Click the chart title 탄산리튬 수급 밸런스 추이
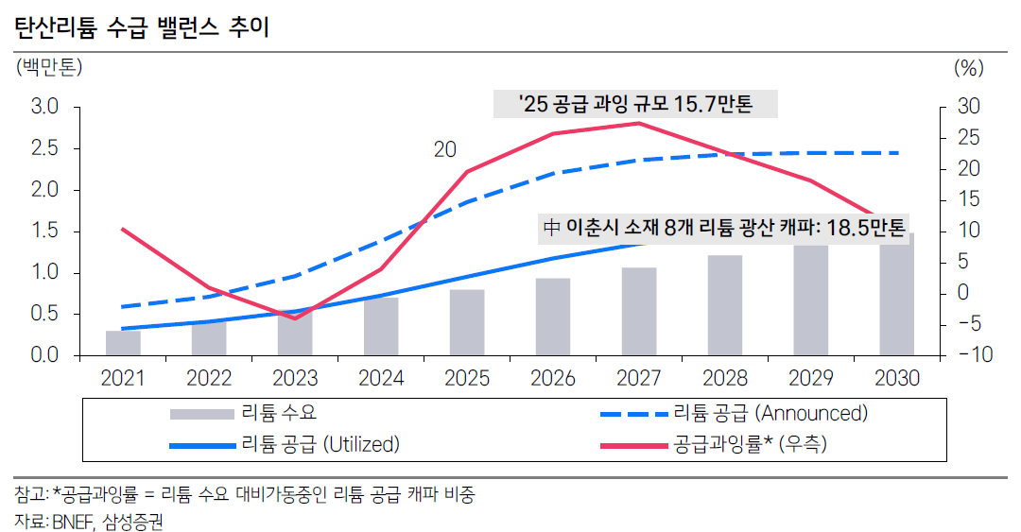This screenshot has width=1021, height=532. point(142,28)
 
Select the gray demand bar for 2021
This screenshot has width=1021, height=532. point(123,343)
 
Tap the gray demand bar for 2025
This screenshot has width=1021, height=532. point(467,322)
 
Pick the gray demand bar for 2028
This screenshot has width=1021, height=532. point(725,305)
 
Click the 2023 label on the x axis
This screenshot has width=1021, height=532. point(295,379)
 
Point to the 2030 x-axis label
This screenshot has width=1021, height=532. point(897,379)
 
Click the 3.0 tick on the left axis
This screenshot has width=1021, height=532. point(44,107)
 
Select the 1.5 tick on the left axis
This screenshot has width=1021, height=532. point(44,232)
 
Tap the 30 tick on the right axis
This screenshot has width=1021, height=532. point(967,107)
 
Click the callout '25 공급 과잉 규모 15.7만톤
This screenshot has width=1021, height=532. point(635,104)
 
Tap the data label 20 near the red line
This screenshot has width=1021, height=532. point(445,149)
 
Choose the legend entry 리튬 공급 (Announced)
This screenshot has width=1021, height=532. point(770,413)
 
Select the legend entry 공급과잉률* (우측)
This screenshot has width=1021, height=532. point(750,444)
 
